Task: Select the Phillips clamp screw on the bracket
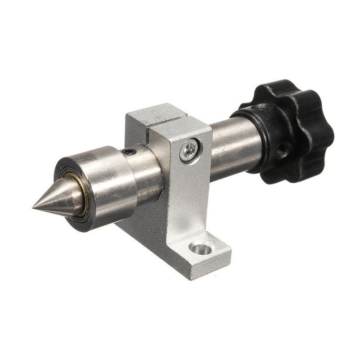(x=189, y=150)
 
